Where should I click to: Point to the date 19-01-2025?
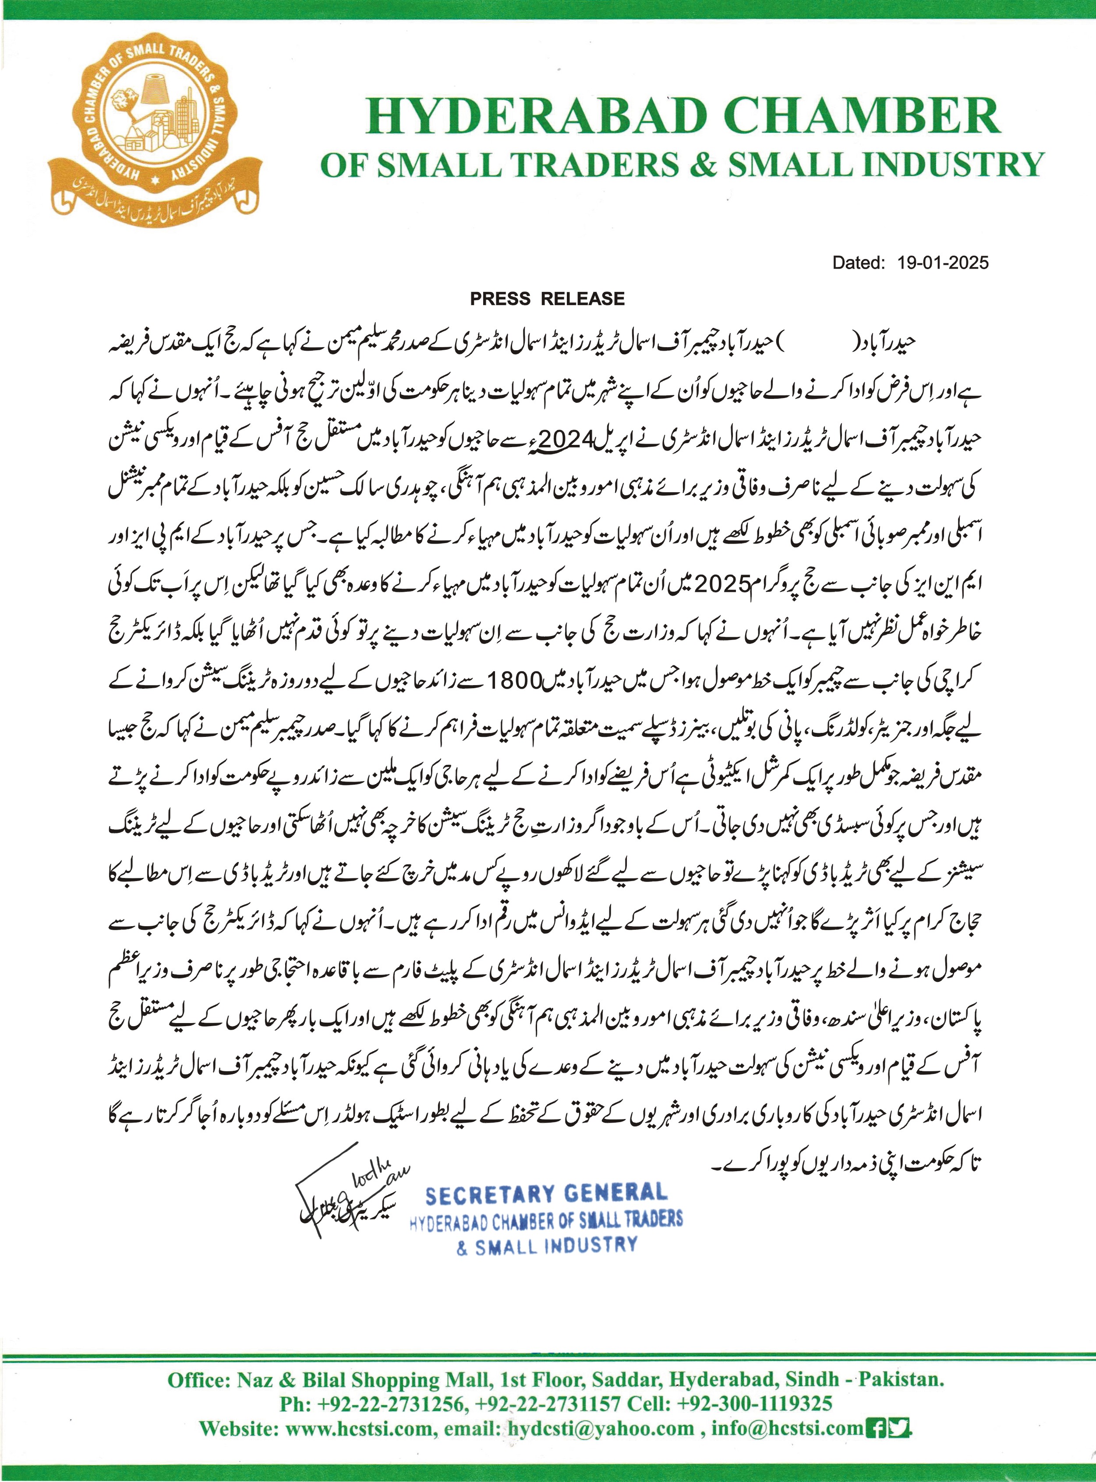(942, 263)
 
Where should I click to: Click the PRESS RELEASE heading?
(547, 299)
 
